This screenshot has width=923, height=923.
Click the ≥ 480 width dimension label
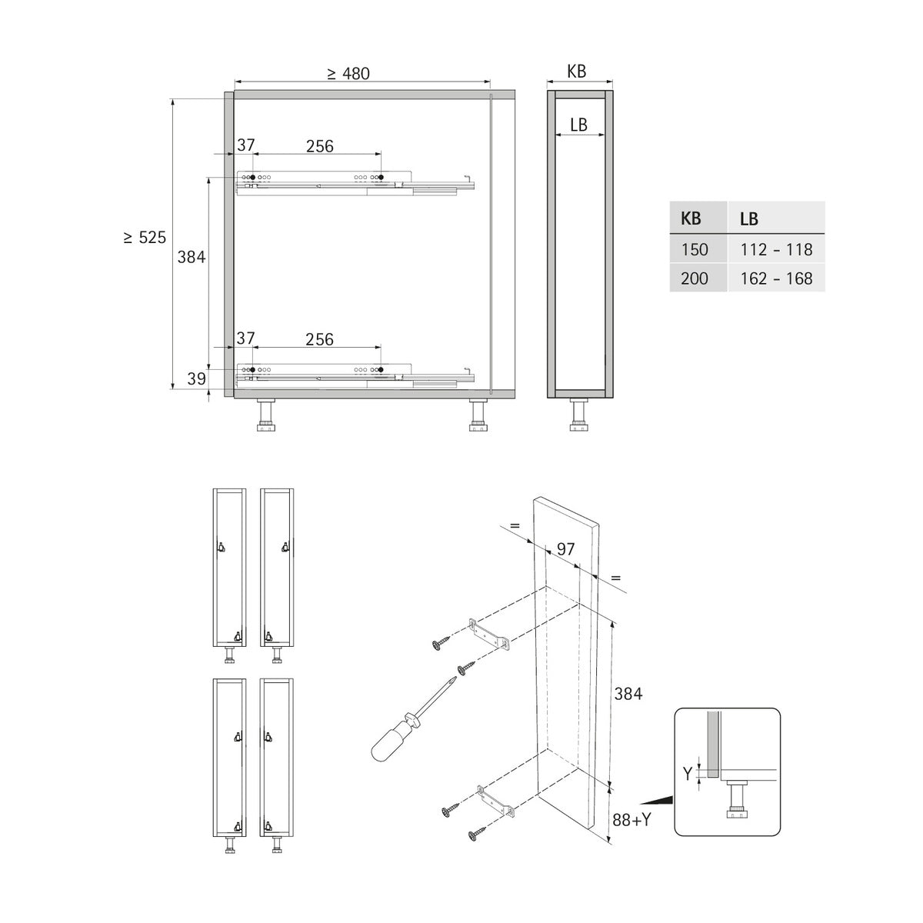(x=348, y=73)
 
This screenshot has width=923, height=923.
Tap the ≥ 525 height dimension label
(x=145, y=238)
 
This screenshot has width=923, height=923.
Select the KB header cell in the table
(x=698, y=218)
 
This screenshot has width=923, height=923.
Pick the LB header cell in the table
(x=776, y=218)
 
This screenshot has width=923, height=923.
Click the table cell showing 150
(x=698, y=249)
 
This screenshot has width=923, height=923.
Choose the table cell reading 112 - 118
(x=776, y=249)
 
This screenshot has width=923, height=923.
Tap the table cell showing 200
(x=698, y=278)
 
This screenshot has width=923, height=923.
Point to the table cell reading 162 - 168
(x=776, y=278)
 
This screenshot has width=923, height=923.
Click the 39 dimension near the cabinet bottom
(x=196, y=379)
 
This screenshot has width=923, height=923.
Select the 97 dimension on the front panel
(x=565, y=549)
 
